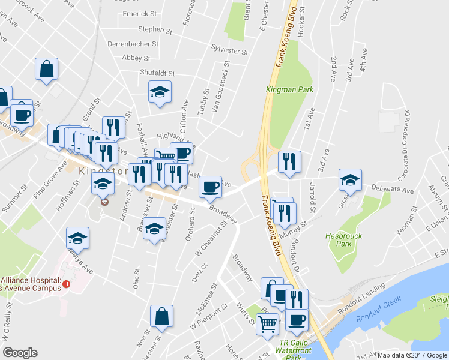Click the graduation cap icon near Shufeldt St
coord(160,92)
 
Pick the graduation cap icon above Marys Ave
coord(77,238)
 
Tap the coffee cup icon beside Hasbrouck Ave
coord(209,187)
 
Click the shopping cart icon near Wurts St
coord(268,323)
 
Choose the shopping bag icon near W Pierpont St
coord(161,316)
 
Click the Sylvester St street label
coord(230,51)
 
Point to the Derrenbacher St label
coord(133,44)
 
